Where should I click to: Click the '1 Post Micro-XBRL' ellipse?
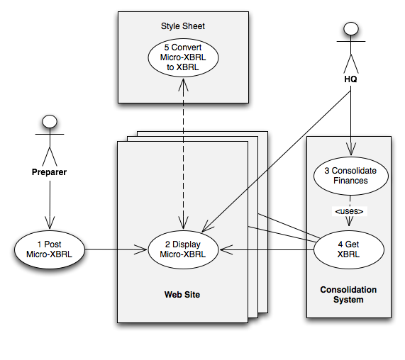(x=50, y=249)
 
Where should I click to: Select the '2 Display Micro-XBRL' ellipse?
(x=183, y=249)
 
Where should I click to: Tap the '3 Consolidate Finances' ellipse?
(x=351, y=176)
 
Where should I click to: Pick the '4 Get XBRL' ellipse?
(x=349, y=249)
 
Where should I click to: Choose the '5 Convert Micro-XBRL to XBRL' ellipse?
(x=183, y=57)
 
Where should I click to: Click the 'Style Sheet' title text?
(x=183, y=26)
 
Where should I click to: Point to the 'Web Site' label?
(x=182, y=295)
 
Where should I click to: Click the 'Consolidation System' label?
(x=348, y=295)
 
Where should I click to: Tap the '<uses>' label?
(x=349, y=211)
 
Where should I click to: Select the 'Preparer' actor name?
(x=49, y=172)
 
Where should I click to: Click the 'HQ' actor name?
(x=350, y=79)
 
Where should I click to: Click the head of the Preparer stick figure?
(x=50, y=121)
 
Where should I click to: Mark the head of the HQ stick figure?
(x=351, y=28)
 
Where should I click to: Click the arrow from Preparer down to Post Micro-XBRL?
(x=50, y=205)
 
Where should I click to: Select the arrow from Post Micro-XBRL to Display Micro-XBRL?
(x=116, y=249)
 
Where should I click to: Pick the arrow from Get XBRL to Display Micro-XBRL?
(x=267, y=250)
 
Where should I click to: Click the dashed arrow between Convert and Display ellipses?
(x=183, y=154)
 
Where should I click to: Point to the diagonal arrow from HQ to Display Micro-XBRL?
(x=276, y=162)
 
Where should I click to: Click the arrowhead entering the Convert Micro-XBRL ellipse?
(x=183, y=84)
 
